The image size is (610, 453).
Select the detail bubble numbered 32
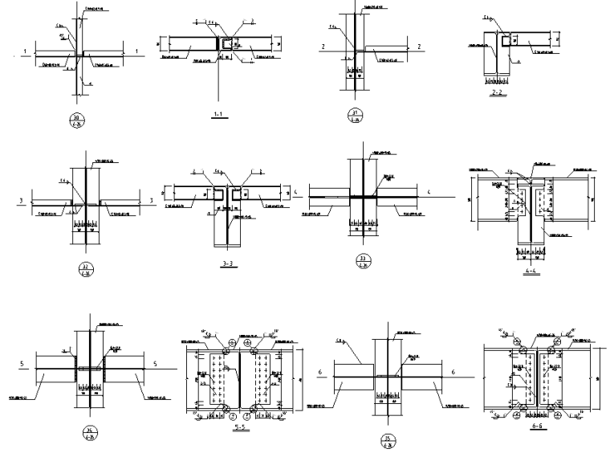point(84,271)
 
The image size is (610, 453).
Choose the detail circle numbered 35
point(388,439)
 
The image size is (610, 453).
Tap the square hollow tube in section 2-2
point(504,39)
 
